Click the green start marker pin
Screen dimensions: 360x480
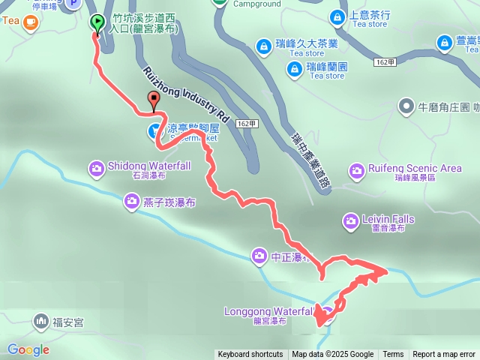(x=97, y=22)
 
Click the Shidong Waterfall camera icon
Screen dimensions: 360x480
(x=96, y=167)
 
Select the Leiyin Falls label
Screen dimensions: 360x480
(x=388, y=219)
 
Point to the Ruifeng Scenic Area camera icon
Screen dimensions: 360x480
(x=355, y=169)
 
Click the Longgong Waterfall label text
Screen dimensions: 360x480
(x=268, y=310)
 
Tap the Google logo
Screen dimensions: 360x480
(x=28, y=349)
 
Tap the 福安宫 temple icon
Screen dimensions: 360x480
(x=40, y=322)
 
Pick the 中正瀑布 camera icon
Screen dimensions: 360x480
(x=259, y=256)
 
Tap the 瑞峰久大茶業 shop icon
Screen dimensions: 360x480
(x=263, y=47)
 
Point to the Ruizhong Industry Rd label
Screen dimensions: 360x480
(x=184, y=94)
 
